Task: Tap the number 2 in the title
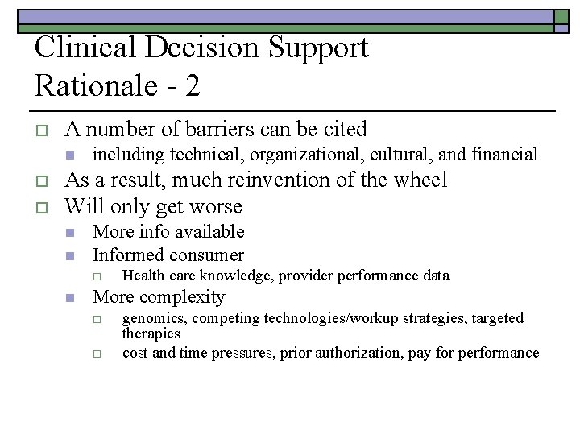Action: point(192,85)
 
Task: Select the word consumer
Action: point(205,255)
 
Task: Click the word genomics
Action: point(154,318)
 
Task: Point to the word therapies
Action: point(151,333)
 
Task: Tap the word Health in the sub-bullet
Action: point(143,275)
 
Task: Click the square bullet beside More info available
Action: point(70,233)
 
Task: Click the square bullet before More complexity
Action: point(70,297)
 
